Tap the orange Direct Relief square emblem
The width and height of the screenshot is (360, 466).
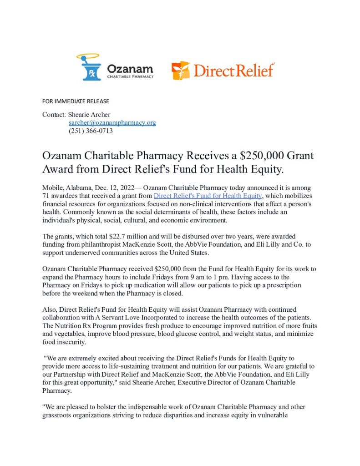click(x=181, y=71)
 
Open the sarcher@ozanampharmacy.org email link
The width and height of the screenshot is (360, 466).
click(x=112, y=123)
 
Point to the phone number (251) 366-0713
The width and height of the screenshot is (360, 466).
click(x=91, y=131)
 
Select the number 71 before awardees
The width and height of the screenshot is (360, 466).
click(x=46, y=196)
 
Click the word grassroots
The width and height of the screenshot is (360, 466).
click(x=59, y=415)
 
